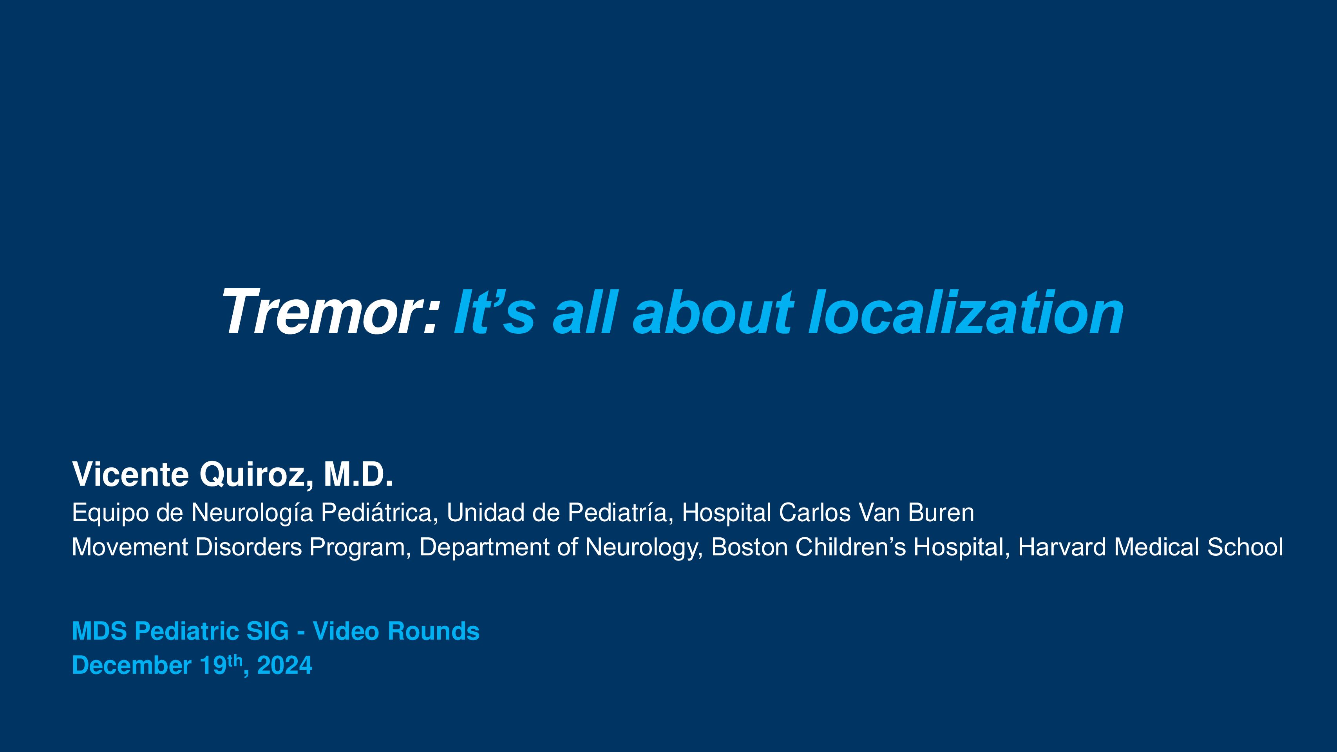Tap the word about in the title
[x=712, y=311]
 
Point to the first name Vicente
[x=130, y=474]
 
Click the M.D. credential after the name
[x=358, y=474]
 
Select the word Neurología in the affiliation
[x=252, y=513]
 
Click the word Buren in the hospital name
[x=941, y=513]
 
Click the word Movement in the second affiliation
[x=130, y=547]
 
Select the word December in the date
[x=132, y=665]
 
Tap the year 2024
[x=284, y=665]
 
